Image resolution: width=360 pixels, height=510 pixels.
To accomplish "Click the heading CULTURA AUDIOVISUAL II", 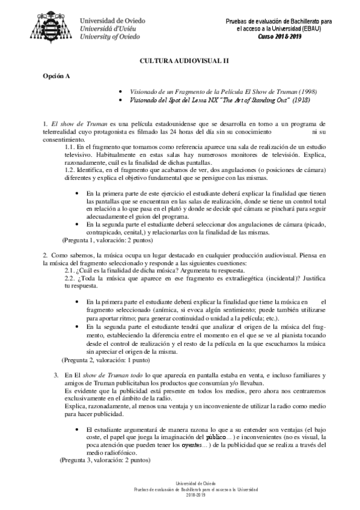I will coord(180,61).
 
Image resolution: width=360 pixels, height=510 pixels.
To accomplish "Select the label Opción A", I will coord(56,76).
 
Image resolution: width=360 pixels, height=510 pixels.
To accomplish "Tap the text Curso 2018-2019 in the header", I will coord(281,36).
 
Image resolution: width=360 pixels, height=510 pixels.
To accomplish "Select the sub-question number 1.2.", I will coord(71,171).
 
